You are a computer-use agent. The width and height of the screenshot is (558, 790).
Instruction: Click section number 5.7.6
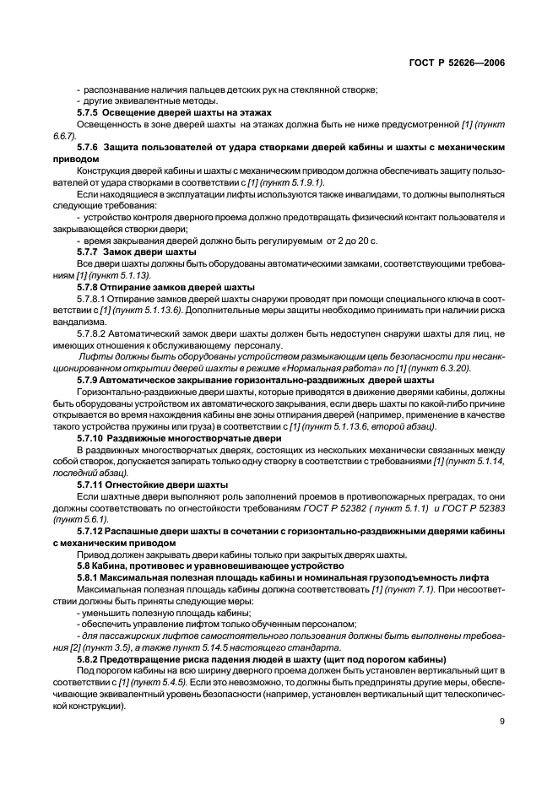[89, 147]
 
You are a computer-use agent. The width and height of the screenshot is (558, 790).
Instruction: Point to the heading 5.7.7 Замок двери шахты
[137, 252]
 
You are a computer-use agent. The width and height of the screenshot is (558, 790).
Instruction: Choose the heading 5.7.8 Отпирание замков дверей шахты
[165, 287]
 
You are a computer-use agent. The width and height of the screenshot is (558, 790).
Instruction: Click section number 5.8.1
[89, 578]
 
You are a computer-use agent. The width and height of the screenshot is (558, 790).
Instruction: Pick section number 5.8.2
[89, 658]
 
